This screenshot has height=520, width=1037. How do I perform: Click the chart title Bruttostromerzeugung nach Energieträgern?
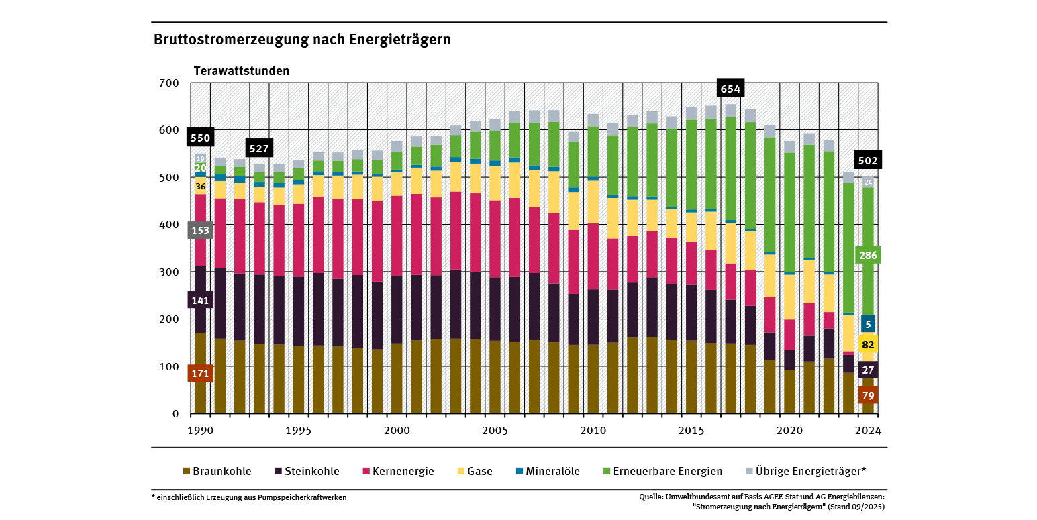[x=302, y=40]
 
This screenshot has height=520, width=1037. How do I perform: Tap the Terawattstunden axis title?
[x=242, y=71]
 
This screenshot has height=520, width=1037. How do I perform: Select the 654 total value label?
[x=730, y=89]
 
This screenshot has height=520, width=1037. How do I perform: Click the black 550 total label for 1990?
[x=199, y=138]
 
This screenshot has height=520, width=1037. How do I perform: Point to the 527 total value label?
[x=258, y=149]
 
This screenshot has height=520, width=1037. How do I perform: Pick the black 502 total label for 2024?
[x=867, y=160]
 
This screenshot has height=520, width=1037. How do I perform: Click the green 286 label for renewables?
[x=867, y=256]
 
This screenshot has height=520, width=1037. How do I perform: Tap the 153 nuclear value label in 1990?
[x=199, y=231]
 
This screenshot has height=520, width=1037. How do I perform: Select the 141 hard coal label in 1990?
[x=199, y=300]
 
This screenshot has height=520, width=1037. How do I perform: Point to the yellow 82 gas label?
[x=867, y=345]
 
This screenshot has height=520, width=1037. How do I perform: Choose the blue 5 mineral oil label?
[x=867, y=325]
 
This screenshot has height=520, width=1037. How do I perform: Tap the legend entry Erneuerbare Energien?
[x=671, y=471]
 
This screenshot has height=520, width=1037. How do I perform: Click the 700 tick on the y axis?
[x=170, y=83]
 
